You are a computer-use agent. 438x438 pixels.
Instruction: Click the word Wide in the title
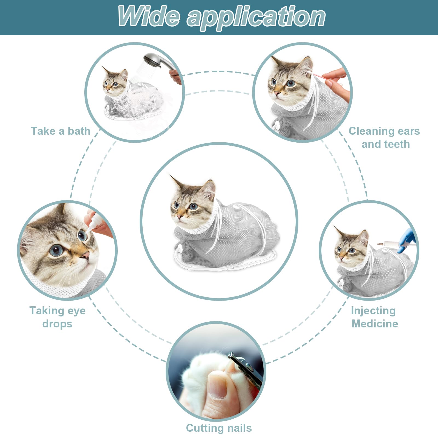(x=149, y=16)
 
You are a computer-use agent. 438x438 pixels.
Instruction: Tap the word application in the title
(x=256, y=18)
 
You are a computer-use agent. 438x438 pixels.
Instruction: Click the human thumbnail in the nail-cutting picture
(x=218, y=385)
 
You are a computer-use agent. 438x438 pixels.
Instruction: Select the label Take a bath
(x=60, y=131)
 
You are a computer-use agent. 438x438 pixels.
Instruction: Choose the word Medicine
(x=375, y=324)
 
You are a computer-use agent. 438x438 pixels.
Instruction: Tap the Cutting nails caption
(x=219, y=428)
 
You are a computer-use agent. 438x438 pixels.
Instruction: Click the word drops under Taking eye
(x=57, y=324)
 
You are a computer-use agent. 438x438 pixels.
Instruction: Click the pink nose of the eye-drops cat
(x=86, y=256)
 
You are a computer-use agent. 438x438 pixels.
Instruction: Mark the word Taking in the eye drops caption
(x=47, y=311)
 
